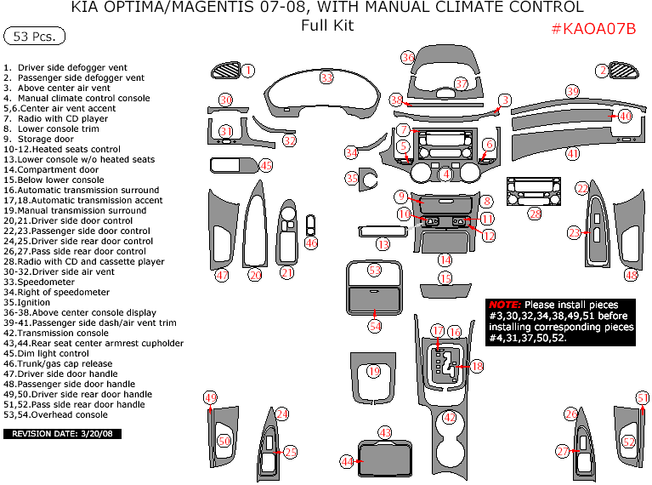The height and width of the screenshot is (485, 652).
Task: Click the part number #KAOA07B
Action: click(x=593, y=29)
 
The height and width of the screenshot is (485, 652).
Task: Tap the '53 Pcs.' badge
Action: click(x=35, y=37)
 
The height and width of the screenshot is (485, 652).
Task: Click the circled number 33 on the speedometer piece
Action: click(x=326, y=77)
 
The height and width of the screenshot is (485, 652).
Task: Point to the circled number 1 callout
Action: click(x=247, y=71)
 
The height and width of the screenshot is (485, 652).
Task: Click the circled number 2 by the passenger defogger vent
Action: click(x=603, y=71)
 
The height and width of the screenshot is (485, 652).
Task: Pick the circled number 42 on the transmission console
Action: click(x=450, y=418)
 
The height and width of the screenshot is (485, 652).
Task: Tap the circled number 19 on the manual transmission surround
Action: click(x=374, y=371)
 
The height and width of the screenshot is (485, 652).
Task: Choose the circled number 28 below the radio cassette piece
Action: click(x=535, y=214)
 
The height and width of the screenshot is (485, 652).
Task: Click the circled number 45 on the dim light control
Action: click(x=266, y=166)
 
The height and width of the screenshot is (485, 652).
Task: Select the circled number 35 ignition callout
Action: click(x=352, y=179)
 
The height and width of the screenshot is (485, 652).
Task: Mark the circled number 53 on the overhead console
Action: click(x=375, y=270)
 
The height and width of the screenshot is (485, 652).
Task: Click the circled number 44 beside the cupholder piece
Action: click(x=347, y=461)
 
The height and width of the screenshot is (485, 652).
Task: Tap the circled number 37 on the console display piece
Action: click(x=462, y=84)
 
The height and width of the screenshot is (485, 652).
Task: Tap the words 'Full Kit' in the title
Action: click(x=327, y=26)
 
